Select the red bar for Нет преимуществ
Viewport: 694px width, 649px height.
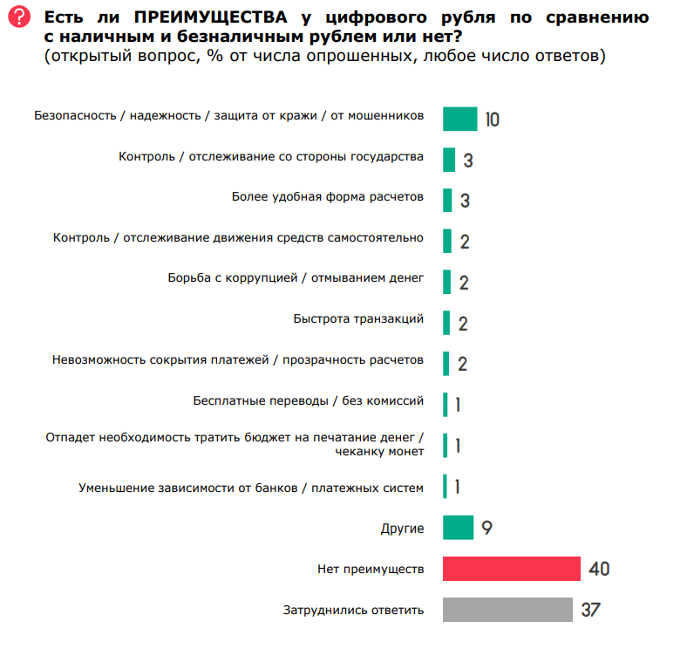point(512,569)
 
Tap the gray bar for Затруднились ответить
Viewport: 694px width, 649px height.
point(507,609)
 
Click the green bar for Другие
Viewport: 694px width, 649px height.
point(458,528)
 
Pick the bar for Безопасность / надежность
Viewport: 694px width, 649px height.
point(460,119)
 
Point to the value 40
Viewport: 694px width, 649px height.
point(599,570)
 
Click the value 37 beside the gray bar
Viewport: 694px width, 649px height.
point(591,610)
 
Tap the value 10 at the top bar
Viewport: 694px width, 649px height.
point(492,120)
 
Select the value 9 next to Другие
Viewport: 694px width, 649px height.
point(486,529)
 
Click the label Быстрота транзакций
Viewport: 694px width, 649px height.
point(358,319)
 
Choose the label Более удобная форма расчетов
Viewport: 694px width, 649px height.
point(328,197)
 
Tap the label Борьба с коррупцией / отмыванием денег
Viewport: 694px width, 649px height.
point(296,278)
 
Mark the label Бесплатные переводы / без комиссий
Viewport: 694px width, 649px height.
point(309,401)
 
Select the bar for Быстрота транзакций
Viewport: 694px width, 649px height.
point(446,323)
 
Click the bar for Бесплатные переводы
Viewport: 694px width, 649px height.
point(445,405)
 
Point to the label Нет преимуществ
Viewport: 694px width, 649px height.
point(371,570)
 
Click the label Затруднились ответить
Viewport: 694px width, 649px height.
point(354,610)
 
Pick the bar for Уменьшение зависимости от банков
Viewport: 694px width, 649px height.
point(445,487)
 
